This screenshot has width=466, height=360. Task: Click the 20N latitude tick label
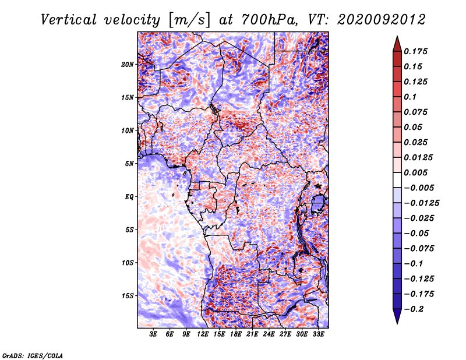[x=128, y=64]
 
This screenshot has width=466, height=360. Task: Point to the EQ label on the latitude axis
[x=129, y=197]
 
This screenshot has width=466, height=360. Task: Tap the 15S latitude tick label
[x=128, y=296]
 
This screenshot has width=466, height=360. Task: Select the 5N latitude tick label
[x=129, y=164]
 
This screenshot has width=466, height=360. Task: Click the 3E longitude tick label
[x=153, y=334]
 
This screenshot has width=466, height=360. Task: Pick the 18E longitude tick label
[x=235, y=334]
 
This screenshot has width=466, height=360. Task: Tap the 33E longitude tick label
[x=318, y=334]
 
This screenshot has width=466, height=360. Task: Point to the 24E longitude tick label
[x=269, y=334]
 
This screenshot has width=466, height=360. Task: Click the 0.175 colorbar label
[x=415, y=51]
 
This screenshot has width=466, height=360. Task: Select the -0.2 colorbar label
[x=414, y=309]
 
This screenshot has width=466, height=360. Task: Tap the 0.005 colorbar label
[x=415, y=172]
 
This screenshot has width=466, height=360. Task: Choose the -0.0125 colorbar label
[x=421, y=203]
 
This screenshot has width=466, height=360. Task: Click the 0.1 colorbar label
[x=410, y=97]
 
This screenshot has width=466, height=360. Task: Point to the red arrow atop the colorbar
[x=397, y=44]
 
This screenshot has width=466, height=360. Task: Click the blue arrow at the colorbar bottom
[x=397, y=316]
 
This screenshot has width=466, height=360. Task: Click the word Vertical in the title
[x=68, y=20]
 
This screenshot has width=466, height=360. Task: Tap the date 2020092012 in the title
[x=382, y=20]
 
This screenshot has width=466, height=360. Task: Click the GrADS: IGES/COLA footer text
[x=33, y=356]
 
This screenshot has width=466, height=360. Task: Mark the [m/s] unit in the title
[x=189, y=20]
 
